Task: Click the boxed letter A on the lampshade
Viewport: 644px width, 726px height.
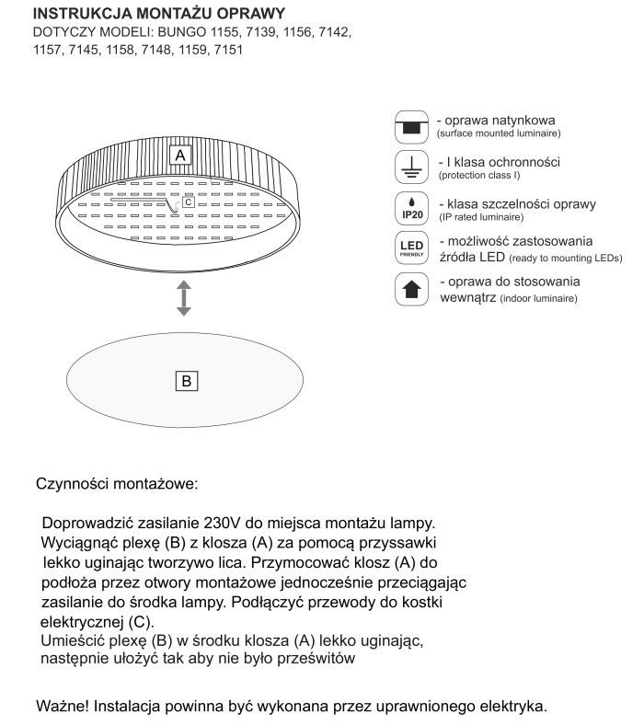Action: point(180,156)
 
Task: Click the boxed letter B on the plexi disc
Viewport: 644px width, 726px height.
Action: point(186,380)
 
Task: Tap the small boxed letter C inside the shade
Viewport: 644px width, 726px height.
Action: point(188,202)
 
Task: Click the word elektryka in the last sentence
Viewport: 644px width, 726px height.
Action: point(512,707)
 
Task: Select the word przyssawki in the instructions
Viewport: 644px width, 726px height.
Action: point(403,541)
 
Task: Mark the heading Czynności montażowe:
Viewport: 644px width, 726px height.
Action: point(116,483)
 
